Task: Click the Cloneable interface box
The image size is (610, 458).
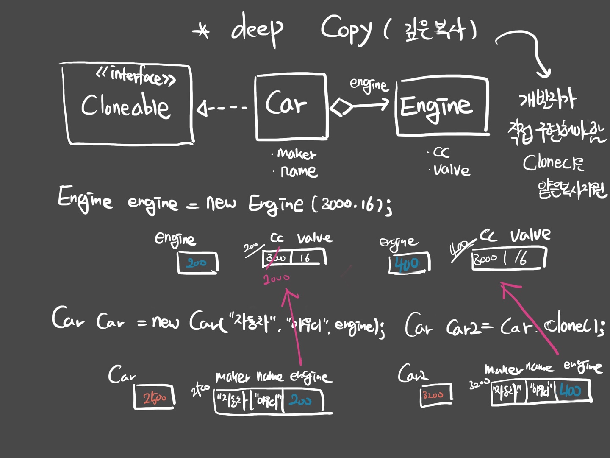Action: pyautogui.click(x=127, y=104)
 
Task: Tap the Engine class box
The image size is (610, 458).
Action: pyautogui.click(x=442, y=106)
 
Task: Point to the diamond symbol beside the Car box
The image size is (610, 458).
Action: pyautogui.click(x=341, y=106)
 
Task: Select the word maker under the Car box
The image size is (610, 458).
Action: pyautogui.click(x=297, y=154)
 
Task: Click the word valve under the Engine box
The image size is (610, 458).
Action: pyautogui.click(x=452, y=170)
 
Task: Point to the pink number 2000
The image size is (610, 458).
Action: pyautogui.click(x=277, y=279)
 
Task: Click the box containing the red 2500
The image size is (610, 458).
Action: pyautogui.click(x=154, y=397)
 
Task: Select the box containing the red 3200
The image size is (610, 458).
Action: pyautogui.click(x=435, y=395)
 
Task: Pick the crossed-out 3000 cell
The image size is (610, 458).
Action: pyautogui.click(x=276, y=257)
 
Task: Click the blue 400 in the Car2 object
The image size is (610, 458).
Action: pyautogui.click(x=571, y=391)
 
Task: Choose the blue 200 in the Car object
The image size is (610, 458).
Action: pyautogui.click(x=301, y=400)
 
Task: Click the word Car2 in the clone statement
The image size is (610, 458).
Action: pyautogui.click(x=463, y=327)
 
